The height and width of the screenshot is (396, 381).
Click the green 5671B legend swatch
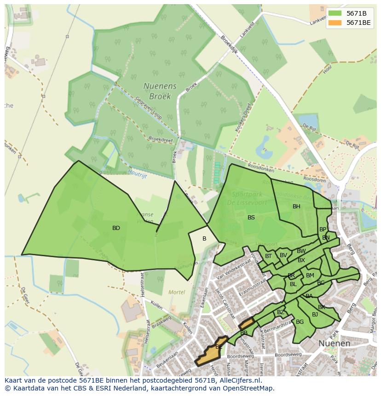coord(335,13)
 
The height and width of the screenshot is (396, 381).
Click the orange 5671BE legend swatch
coord(335,23)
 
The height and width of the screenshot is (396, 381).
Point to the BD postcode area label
coord(116,228)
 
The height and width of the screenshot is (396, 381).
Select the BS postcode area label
coord(251,218)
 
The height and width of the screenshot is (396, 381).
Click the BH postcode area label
coord(296,207)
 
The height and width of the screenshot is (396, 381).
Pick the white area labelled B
coord(204,239)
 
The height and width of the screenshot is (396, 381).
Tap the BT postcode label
coord(268,256)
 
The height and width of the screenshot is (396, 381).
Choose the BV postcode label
coord(283,255)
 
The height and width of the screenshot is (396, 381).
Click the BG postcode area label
coord(300,322)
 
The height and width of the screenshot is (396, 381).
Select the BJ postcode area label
coord(315,315)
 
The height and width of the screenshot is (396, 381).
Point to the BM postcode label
coord(310,275)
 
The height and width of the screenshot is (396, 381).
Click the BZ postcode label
coord(280,312)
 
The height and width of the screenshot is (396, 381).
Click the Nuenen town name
coord(335,343)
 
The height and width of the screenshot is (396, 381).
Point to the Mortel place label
coord(177,292)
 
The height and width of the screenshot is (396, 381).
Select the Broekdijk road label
coord(229,45)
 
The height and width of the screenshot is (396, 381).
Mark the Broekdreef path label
coord(159,138)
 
